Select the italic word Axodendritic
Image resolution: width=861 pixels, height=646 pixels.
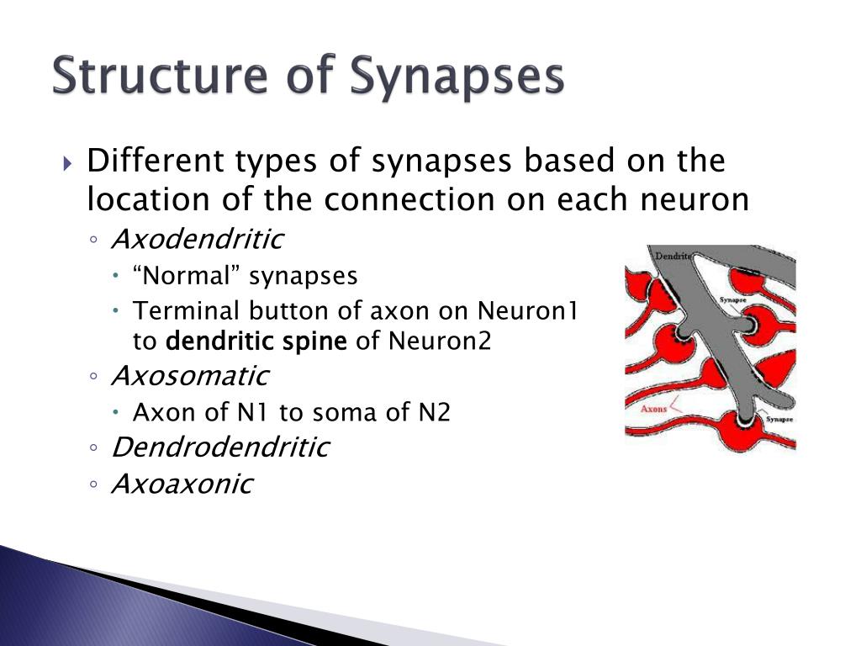198,240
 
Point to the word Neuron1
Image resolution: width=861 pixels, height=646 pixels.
528,311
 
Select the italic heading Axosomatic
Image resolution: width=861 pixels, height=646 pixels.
190,375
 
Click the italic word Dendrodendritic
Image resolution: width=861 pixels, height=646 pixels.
220,447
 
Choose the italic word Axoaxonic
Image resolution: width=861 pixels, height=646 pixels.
182,484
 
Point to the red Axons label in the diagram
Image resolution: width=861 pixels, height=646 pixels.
654,410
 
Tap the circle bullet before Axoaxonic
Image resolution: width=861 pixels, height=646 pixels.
95,485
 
